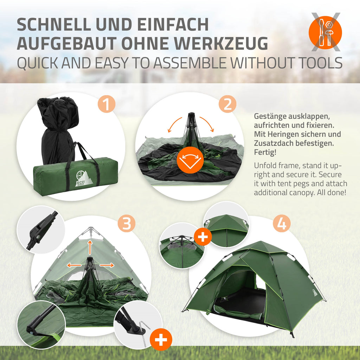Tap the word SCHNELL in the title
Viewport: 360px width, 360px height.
(x=54, y=24)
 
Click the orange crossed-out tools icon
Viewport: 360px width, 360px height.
(x=325, y=32)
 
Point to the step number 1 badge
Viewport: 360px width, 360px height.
(x=106, y=104)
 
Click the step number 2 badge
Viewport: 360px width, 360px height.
(x=227, y=104)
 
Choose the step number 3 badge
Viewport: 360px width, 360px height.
(x=126, y=223)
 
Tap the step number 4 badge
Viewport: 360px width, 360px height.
(x=282, y=223)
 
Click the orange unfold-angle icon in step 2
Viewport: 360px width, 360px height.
(x=190, y=160)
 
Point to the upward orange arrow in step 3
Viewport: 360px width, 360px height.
(x=90, y=247)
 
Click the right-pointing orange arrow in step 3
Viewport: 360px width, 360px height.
(x=107, y=265)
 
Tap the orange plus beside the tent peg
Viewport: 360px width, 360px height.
(x=161, y=340)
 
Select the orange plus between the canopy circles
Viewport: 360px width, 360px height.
(x=203, y=237)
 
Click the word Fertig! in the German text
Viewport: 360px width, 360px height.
(x=265, y=152)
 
